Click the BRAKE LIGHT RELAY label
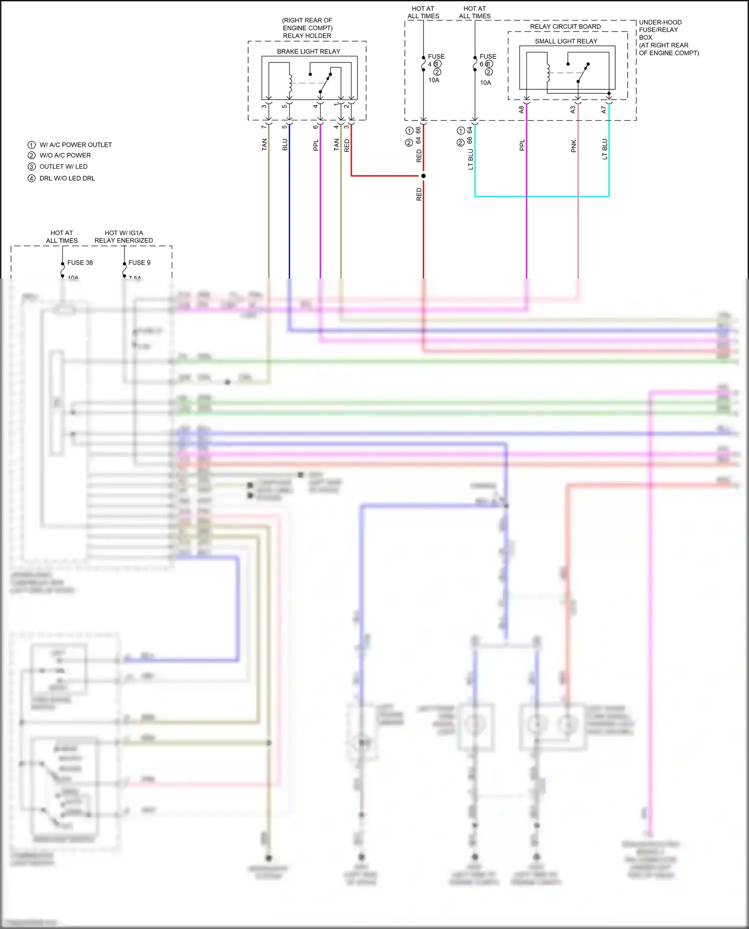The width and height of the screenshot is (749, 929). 309,51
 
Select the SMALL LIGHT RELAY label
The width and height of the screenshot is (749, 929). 566,41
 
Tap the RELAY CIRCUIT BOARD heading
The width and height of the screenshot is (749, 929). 565,26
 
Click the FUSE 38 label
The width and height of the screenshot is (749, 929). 80,263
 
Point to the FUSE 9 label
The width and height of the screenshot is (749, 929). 139,263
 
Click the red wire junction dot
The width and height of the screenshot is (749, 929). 423,176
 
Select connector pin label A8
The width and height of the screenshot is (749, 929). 521,109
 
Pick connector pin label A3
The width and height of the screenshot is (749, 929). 573,109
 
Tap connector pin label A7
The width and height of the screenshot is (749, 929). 604,109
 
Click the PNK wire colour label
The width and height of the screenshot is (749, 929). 574,146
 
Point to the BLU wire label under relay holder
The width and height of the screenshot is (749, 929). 285,145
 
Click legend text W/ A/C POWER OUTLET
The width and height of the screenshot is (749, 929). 75,145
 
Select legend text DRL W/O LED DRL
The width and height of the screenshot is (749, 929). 67,178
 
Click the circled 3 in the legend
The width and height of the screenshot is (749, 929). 31,167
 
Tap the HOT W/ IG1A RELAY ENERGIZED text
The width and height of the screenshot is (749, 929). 124,237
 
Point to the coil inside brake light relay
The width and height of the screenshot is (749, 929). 290,83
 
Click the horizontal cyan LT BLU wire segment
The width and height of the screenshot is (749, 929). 542,196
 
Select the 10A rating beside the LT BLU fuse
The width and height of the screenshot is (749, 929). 485,83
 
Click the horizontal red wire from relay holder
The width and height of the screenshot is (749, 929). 387,176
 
